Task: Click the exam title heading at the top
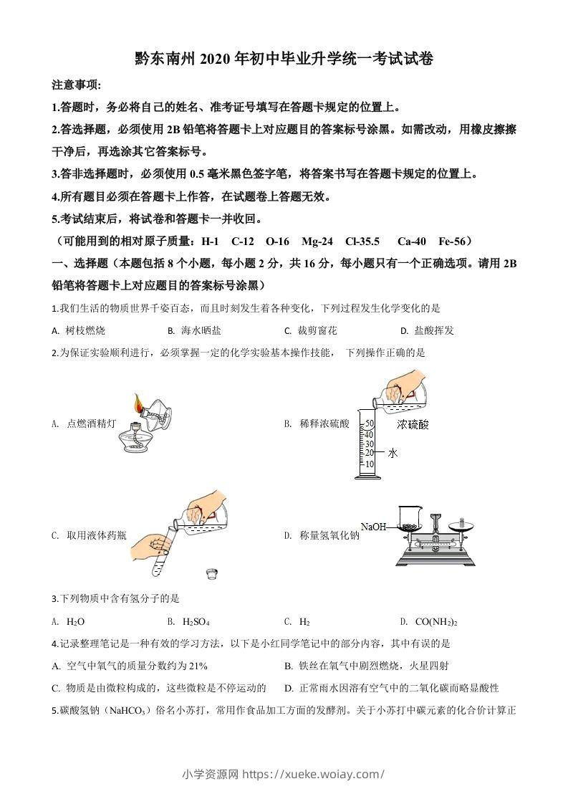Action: click(x=284, y=60)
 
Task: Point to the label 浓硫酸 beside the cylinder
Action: click(x=413, y=424)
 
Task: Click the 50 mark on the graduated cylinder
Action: click(x=370, y=423)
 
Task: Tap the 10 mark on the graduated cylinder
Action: click(x=370, y=464)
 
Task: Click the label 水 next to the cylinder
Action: click(x=393, y=453)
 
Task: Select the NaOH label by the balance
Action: click(x=373, y=527)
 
